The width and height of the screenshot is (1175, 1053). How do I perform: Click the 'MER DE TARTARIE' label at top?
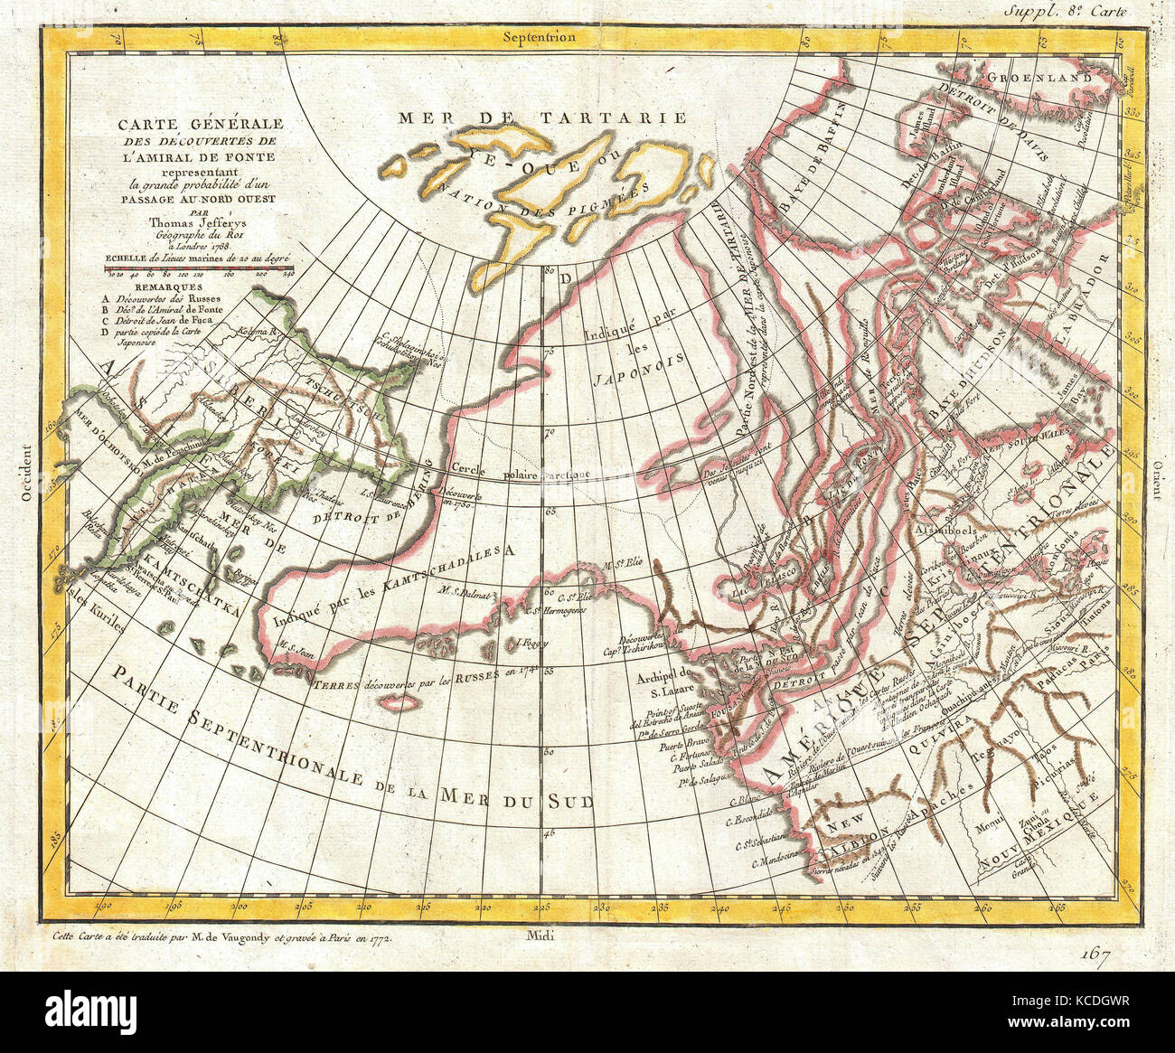click(x=542, y=118)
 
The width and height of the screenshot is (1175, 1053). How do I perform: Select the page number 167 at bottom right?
click(x=1094, y=953)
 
